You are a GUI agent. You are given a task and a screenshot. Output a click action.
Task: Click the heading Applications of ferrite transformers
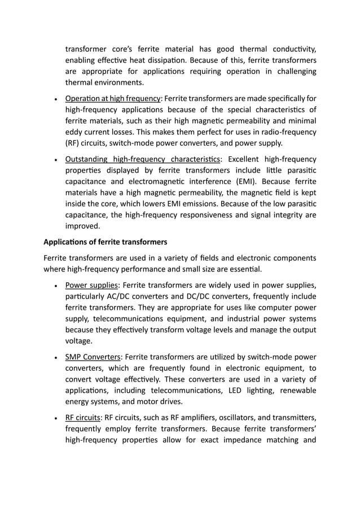[106, 242]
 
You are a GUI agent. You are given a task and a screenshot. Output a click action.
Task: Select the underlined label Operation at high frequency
[113, 98]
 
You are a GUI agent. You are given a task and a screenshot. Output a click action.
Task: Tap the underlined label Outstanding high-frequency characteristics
[143, 159]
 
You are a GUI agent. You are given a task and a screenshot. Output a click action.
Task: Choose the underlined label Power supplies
[92, 285]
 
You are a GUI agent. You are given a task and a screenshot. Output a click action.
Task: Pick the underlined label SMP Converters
[93, 357]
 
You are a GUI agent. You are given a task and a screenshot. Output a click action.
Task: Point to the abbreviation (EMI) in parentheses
[244, 181]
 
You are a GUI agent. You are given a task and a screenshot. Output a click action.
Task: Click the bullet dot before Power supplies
[55, 286]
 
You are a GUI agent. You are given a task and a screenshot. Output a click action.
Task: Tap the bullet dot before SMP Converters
[55, 357]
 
